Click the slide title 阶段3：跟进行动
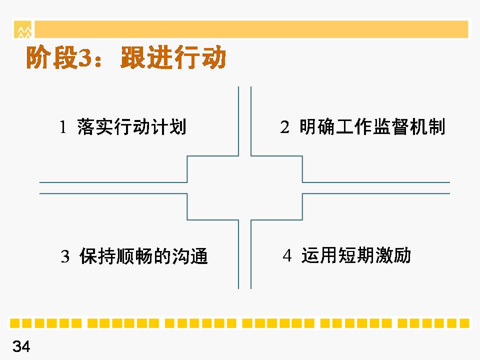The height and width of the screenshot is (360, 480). pyautogui.click(x=126, y=57)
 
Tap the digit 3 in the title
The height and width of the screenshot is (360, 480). pyautogui.click(x=85, y=58)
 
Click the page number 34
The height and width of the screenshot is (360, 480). pyautogui.click(x=21, y=346)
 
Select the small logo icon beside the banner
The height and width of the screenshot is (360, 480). pyautogui.click(x=23, y=29)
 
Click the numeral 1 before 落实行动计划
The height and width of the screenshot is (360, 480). pyautogui.click(x=63, y=127)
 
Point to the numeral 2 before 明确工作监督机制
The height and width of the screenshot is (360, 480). pyautogui.click(x=284, y=126)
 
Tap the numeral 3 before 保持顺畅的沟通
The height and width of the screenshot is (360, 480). pyautogui.click(x=65, y=256)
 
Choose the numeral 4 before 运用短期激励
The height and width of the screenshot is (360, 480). pyautogui.click(x=287, y=255)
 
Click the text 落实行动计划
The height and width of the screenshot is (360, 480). pyautogui.click(x=132, y=126)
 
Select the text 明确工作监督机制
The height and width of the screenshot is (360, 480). pyautogui.click(x=372, y=126)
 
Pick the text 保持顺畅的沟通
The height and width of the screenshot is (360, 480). pyautogui.click(x=143, y=256)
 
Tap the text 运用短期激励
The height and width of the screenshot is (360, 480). pyautogui.click(x=356, y=255)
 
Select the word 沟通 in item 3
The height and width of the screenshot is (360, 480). pyautogui.click(x=190, y=256)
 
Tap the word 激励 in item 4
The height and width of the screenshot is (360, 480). pyautogui.click(x=393, y=255)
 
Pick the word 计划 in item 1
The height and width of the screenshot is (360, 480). pyautogui.click(x=168, y=126)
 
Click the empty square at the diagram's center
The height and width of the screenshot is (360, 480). pyautogui.click(x=244, y=187)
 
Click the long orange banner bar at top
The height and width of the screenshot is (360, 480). pyautogui.click(x=251, y=29)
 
